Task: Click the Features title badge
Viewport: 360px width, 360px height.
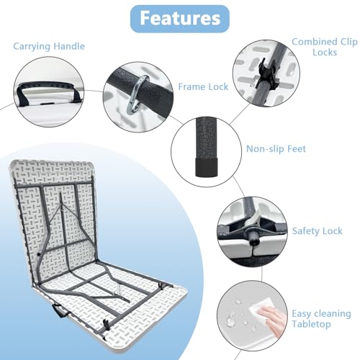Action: pos(180,19)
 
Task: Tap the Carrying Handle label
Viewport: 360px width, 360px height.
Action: pos(49,46)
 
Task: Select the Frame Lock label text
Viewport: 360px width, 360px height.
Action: pos(203,86)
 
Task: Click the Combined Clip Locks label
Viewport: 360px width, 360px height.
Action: pos(325,47)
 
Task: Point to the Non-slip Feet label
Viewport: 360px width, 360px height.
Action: pos(276,149)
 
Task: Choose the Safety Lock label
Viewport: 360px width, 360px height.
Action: pos(317,231)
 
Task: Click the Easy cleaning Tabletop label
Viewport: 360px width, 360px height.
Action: pos(321,319)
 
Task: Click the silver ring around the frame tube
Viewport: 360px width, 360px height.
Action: pos(138,94)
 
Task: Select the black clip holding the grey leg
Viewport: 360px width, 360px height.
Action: pos(266,74)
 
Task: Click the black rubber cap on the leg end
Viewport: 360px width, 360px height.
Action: pos(206,167)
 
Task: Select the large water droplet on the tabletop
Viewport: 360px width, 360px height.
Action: pos(230,320)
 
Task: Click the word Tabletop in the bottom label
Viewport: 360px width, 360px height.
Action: pos(311,324)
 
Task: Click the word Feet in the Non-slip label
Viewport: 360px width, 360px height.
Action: pos(297,149)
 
